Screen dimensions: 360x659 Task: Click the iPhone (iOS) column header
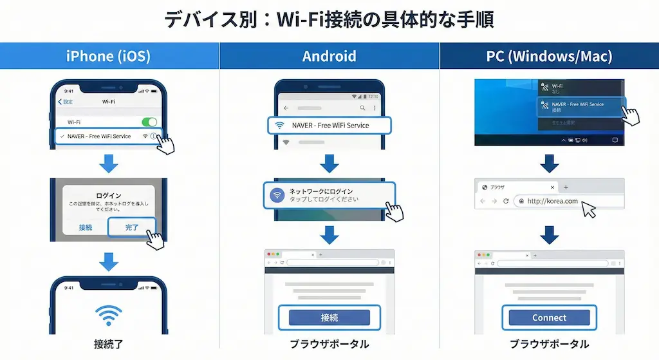108,56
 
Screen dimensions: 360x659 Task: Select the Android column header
329,56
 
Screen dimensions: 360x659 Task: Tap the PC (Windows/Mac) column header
549,56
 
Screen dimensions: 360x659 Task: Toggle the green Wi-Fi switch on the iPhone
149,122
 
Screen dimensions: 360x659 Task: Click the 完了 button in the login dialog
132,227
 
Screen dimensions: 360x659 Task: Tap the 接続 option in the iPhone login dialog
86,227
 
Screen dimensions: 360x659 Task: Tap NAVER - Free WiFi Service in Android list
329,125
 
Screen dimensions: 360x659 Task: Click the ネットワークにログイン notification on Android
328,195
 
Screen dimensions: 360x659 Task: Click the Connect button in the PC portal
549,317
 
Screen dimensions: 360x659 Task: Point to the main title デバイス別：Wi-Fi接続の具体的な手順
329,19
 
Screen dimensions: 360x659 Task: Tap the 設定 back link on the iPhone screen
66,102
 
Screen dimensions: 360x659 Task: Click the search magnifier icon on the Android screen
363,108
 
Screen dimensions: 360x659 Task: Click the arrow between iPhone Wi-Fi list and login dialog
109,164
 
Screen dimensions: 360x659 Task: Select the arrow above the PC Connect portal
549,234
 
